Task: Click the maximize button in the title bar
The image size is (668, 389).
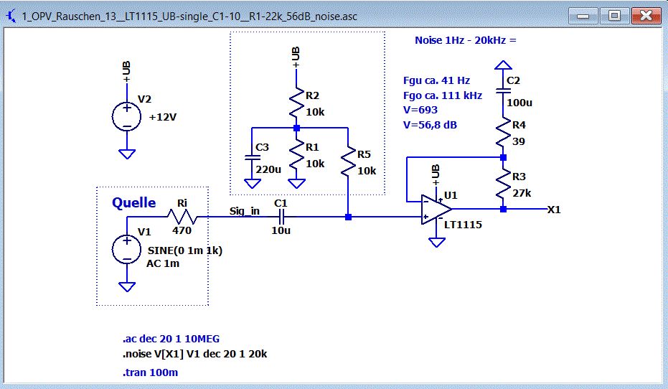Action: (614, 15)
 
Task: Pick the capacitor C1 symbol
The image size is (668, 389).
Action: (281, 217)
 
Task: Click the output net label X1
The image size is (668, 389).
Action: (554, 210)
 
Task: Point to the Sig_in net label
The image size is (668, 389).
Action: (244, 211)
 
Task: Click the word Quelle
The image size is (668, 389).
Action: (133, 203)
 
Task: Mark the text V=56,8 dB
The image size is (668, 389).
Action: (431, 124)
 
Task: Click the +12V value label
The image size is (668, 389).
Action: (162, 118)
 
